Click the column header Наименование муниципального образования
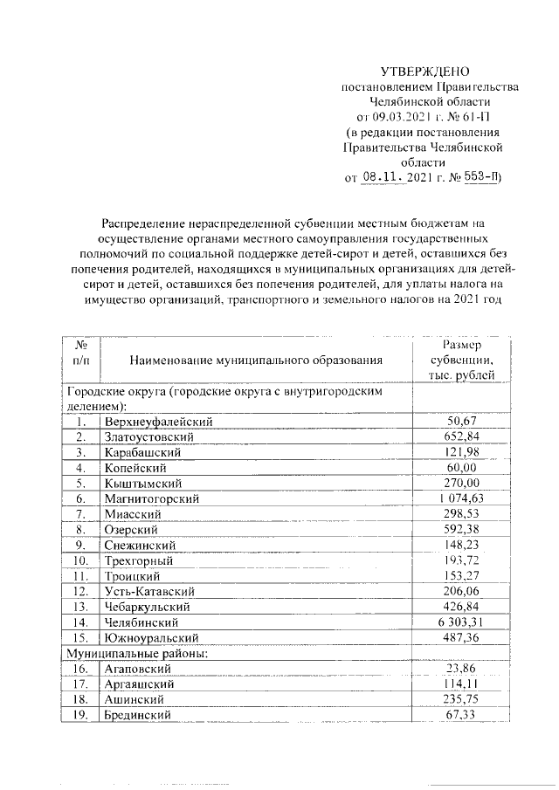coord(256,360)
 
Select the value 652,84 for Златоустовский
coord(461,436)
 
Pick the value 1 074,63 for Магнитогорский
coord(461,498)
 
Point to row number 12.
coord(80,592)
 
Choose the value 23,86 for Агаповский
coord(461,670)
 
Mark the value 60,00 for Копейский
coord(461,467)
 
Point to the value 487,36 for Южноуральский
coord(461,638)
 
